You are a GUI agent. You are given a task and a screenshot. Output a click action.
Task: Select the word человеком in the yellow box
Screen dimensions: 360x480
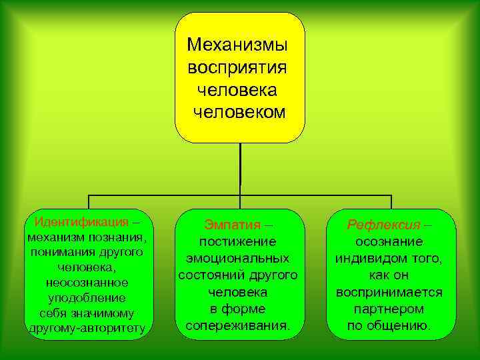(x=239, y=111)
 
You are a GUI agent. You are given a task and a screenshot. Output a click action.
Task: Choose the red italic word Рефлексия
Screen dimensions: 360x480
(x=383, y=225)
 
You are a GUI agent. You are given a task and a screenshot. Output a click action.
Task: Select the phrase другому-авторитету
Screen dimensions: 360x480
(x=87, y=329)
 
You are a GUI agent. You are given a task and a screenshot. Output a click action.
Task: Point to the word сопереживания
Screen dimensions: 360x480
(x=237, y=327)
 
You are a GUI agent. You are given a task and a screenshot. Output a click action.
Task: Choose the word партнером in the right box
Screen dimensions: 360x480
(x=389, y=309)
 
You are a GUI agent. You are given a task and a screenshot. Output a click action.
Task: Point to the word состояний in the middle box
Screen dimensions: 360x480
(x=207, y=275)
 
